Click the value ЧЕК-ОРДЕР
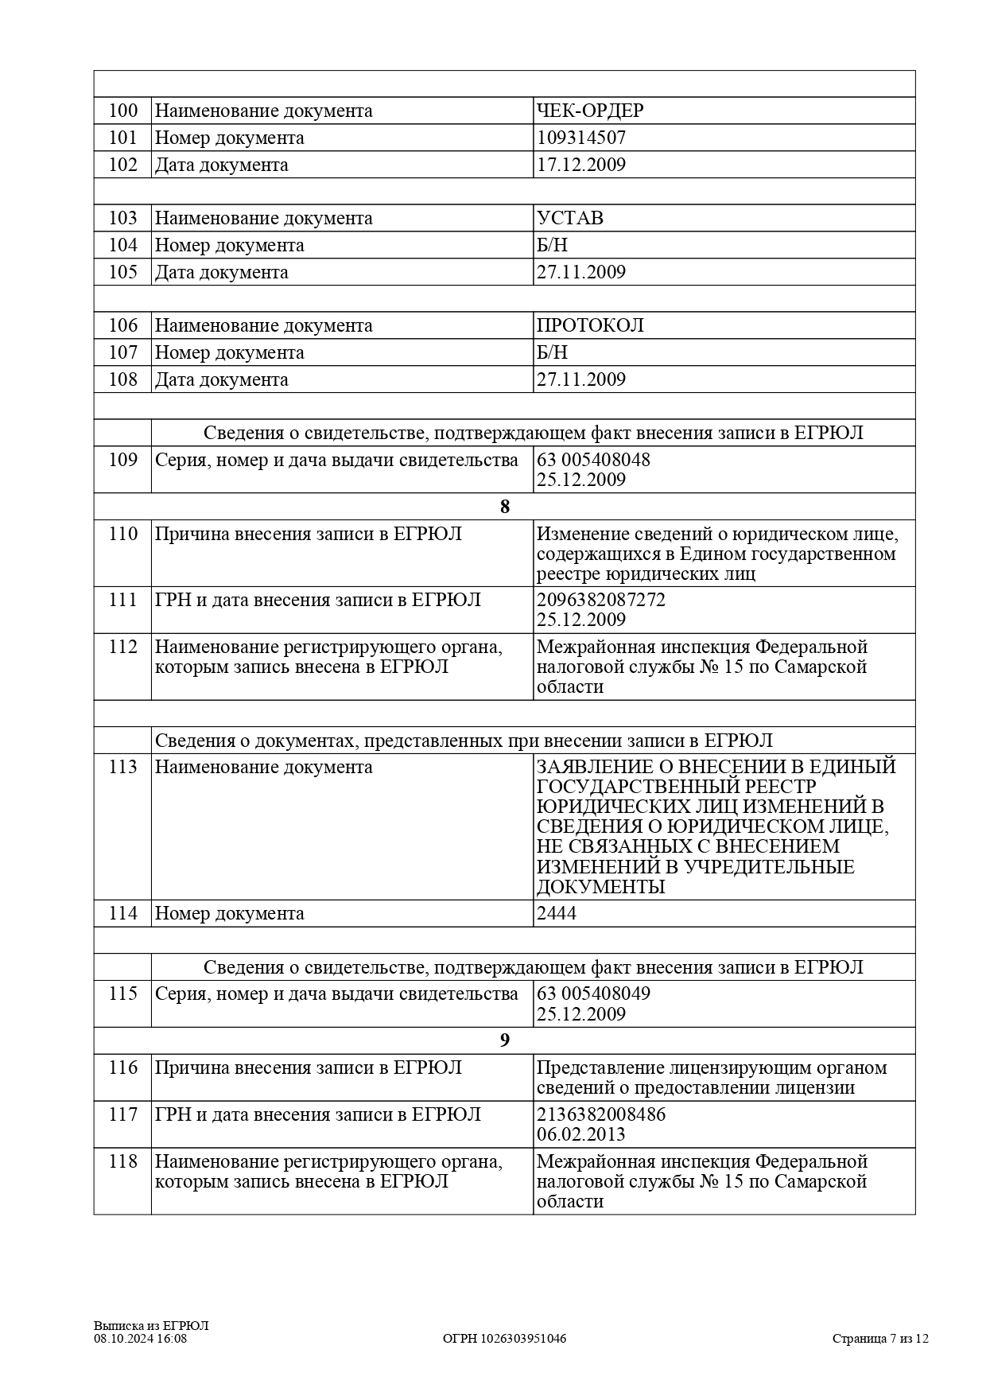(x=590, y=111)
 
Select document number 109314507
(x=581, y=138)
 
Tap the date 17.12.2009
(x=581, y=165)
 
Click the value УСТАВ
(x=570, y=218)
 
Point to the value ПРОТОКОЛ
(x=590, y=325)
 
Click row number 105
(x=123, y=272)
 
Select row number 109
(x=123, y=460)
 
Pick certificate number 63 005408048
(x=593, y=460)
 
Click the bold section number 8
(x=504, y=507)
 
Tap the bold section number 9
(x=504, y=1040)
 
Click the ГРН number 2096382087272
(x=601, y=600)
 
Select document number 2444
(x=557, y=913)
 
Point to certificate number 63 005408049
(x=593, y=994)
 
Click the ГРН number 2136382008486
(x=601, y=1114)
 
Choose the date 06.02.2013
(x=581, y=1134)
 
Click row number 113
(x=123, y=767)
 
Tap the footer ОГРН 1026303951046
(x=504, y=1339)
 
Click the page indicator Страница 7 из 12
(x=880, y=1339)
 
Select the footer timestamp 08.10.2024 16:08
(x=141, y=1339)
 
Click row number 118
(x=123, y=1161)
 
